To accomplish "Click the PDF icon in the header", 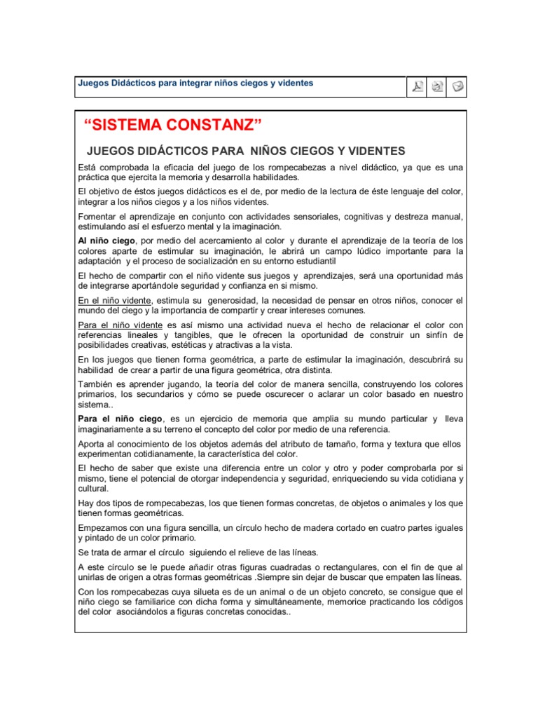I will coord(418,87).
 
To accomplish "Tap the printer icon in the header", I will coord(438,87).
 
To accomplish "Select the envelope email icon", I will coord(457,87).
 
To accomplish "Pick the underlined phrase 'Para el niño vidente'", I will coord(120,325).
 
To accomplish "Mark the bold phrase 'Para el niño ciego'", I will coord(120,419).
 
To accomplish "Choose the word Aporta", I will coord(92,443).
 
